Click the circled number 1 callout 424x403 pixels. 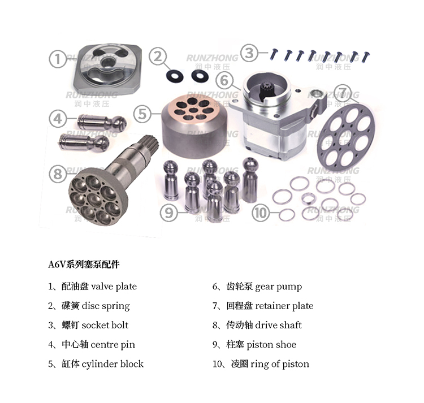pos(58,59)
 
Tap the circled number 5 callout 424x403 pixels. pos(142,114)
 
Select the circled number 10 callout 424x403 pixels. pos(261,213)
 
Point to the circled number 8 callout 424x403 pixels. pos(58,174)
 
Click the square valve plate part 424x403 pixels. pos(107,68)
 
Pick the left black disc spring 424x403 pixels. pos(175,76)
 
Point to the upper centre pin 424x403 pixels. pos(102,122)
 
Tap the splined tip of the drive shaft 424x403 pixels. pos(148,142)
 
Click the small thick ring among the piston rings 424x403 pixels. pos(309,199)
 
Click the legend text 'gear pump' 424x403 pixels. pos(278,287)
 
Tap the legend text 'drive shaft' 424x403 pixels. pos(278,325)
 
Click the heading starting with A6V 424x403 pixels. pos(84,265)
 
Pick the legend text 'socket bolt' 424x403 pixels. pos(105,325)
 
